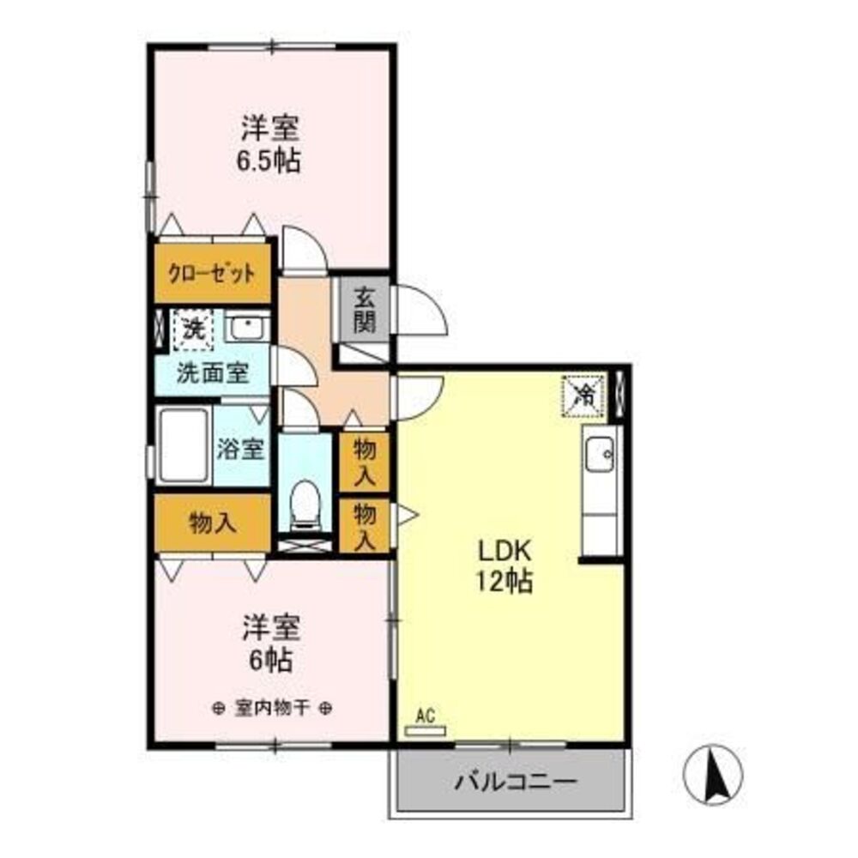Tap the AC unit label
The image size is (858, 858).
[x=426, y=715]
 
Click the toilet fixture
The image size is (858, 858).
[x=305, y=505]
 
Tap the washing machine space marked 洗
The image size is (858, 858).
[x=193, y=330]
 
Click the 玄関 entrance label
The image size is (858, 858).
[x=365, y=311]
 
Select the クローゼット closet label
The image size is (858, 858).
[x=212, y=273]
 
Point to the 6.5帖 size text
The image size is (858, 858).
[x=269, y=161]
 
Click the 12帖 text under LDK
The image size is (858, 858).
[x=504, y=582]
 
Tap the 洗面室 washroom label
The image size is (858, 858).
[x=212, y=374]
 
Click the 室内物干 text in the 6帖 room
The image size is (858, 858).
[x=272, y=709]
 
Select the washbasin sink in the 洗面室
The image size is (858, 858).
[x=247, y=327]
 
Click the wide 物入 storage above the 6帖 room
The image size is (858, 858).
[x=212, y=523]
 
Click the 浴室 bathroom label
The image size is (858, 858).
[x=240, y=450]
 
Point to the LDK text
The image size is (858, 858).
[x=505, y=551]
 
